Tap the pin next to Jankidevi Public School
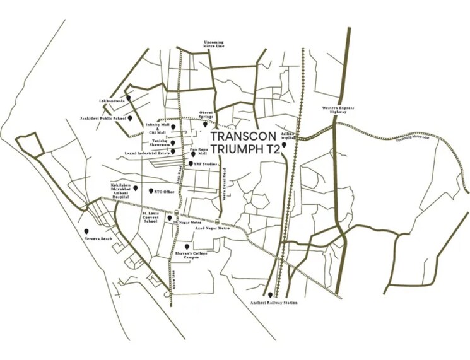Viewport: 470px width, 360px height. click(130, 118)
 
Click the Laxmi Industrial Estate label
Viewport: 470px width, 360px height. click(144, 153)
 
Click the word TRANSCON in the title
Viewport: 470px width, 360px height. click(243, 137)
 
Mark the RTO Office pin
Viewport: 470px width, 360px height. click(150, 190)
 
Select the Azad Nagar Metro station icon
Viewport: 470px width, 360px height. click(218, 223)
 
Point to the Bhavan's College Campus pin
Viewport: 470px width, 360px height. click(185, 247)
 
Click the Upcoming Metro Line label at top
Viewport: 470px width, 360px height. click(213, 44)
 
